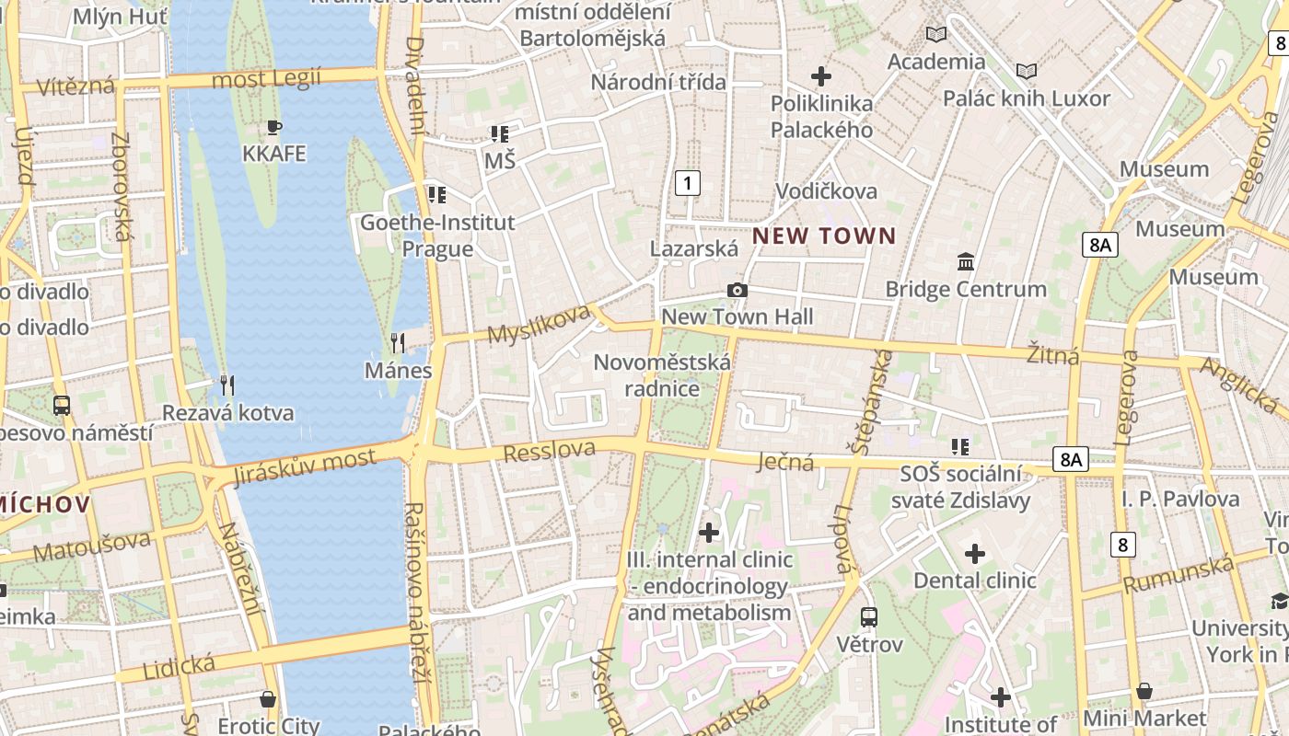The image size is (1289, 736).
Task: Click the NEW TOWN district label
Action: tap(824, 236)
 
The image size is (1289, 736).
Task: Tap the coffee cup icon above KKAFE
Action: tap(273, 127)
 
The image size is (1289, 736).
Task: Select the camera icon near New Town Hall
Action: tap(737, 291)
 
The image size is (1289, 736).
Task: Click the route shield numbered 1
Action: tap(687, 183)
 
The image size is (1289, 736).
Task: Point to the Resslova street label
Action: tap(550, 451)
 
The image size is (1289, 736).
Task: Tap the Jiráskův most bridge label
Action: tap(305, 466)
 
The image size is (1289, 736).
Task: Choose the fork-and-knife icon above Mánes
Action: tap(398, 343)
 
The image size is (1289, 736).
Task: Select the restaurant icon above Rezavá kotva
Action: tap(226, 385)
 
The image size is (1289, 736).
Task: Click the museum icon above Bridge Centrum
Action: tap(966, 262)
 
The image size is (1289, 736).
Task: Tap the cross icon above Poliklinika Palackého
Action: tap(821, 76)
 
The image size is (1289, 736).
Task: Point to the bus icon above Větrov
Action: tap(869, 617)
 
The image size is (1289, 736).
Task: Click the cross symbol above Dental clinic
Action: tap(974, 554)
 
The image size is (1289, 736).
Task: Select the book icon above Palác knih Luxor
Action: tap(1027, 71)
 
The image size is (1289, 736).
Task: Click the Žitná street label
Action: tap(1052, 354)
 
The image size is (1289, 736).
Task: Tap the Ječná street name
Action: tap(787, 461)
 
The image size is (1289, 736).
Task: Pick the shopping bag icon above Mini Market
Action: tap(1144, 691)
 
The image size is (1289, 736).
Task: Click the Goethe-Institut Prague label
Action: tap(437, 236)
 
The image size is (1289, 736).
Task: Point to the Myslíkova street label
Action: tap(538, 324)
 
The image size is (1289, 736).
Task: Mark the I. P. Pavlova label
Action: tap(1180, 499)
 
